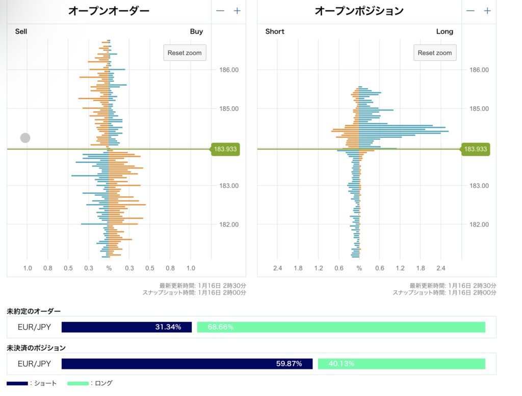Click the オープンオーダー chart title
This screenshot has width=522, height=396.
(109, 11)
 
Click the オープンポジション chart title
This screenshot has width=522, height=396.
(359, 11)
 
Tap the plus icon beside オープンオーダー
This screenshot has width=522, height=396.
(237, 11)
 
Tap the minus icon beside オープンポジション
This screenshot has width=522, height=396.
(471, 11)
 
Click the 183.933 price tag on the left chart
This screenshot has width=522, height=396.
(225, 149)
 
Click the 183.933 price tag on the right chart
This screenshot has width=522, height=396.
(475, 149)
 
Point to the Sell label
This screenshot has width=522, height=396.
(21, 32)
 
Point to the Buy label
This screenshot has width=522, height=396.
(196, 32)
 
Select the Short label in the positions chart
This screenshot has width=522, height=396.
(275, 32)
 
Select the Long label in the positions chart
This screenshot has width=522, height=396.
(445, 32)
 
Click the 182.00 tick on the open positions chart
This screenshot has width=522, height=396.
(479, 225)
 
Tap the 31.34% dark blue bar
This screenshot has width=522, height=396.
(126, 327)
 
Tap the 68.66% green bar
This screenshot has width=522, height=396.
(341, 327)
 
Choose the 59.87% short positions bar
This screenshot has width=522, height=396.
(187, 364)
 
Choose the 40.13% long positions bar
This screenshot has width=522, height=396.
(401, 364)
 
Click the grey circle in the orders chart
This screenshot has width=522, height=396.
(25, 138)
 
